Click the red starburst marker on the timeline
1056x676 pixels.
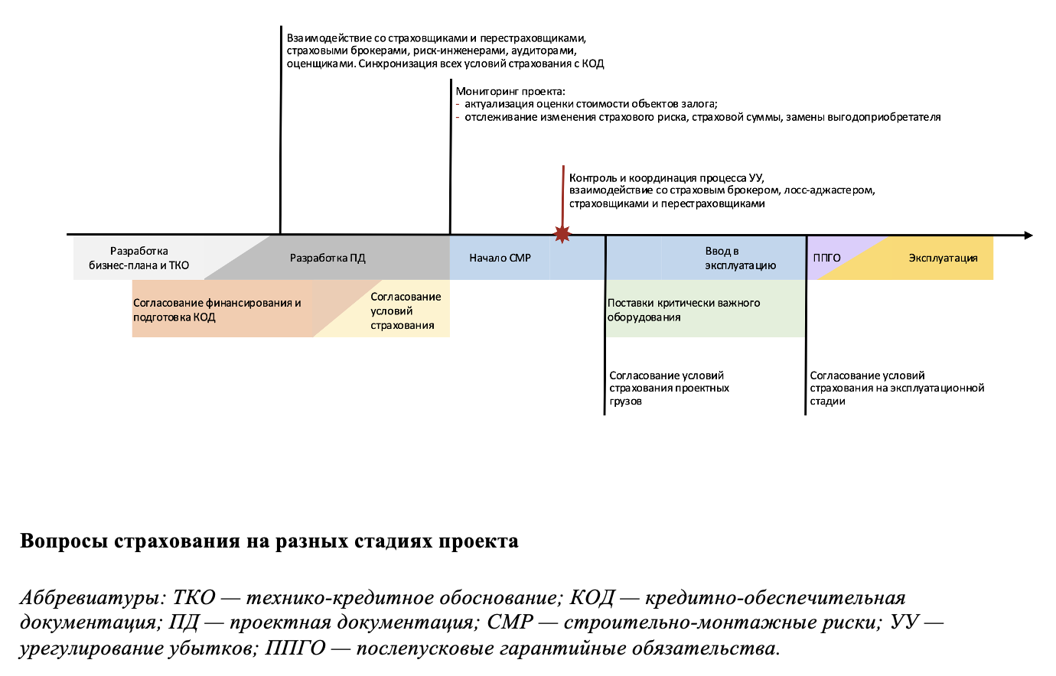[562, 234]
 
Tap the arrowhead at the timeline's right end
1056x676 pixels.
[1028, 236]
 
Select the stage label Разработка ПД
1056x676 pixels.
[328, 258]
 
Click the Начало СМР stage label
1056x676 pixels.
[500, 258]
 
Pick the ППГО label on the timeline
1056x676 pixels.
[826, 258]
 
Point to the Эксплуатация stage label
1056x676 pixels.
[943, 258]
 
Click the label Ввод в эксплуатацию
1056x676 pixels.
[739, 258]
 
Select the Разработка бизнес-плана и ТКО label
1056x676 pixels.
[139, 258]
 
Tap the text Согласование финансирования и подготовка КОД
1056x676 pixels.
[217, 310]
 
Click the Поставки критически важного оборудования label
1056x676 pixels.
[683, 310]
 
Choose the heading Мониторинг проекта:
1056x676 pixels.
[510, 92]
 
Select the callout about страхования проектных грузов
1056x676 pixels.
[668, 388]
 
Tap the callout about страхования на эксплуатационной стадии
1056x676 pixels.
[896, 388]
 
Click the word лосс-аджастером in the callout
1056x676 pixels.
[829, 190]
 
